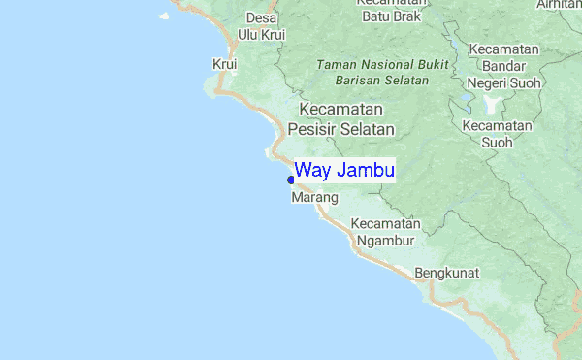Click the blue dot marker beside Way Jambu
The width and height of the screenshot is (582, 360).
[291, 180]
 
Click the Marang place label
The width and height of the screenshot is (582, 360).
[314, 198]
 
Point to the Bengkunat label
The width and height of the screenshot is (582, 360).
[447, 274]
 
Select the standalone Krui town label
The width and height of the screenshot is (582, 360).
[224, 65]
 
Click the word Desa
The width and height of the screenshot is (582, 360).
[261, 18]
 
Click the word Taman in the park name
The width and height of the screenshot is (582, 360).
[336, 65]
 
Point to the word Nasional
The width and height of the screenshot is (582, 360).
[390, 65]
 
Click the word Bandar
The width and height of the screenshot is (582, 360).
[503, 66]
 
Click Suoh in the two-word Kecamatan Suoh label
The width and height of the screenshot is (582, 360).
[498, 144]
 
